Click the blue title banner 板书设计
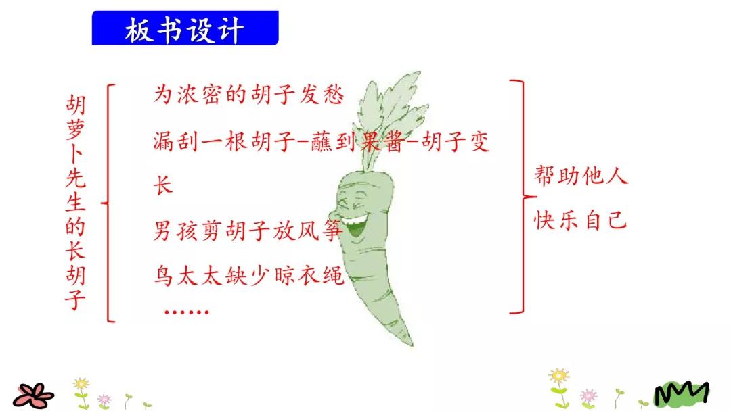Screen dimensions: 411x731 point(185,28)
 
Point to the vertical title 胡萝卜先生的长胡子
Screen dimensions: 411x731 point(75,201)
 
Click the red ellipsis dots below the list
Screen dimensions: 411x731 point(187,312)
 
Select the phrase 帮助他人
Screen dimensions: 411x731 point(581,176)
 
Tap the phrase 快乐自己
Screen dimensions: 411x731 point(581,220)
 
